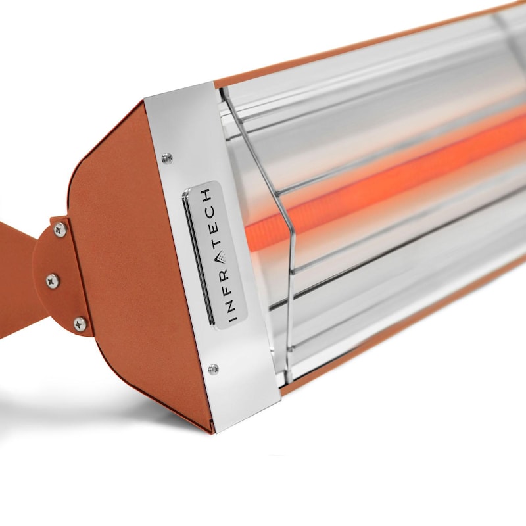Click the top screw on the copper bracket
(x=60, y=229)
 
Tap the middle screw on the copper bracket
(x=53, y=280)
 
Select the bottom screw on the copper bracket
(x=79, y=323)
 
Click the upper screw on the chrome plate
(x=167, y=158)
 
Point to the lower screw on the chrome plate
(x=213, y=369)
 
